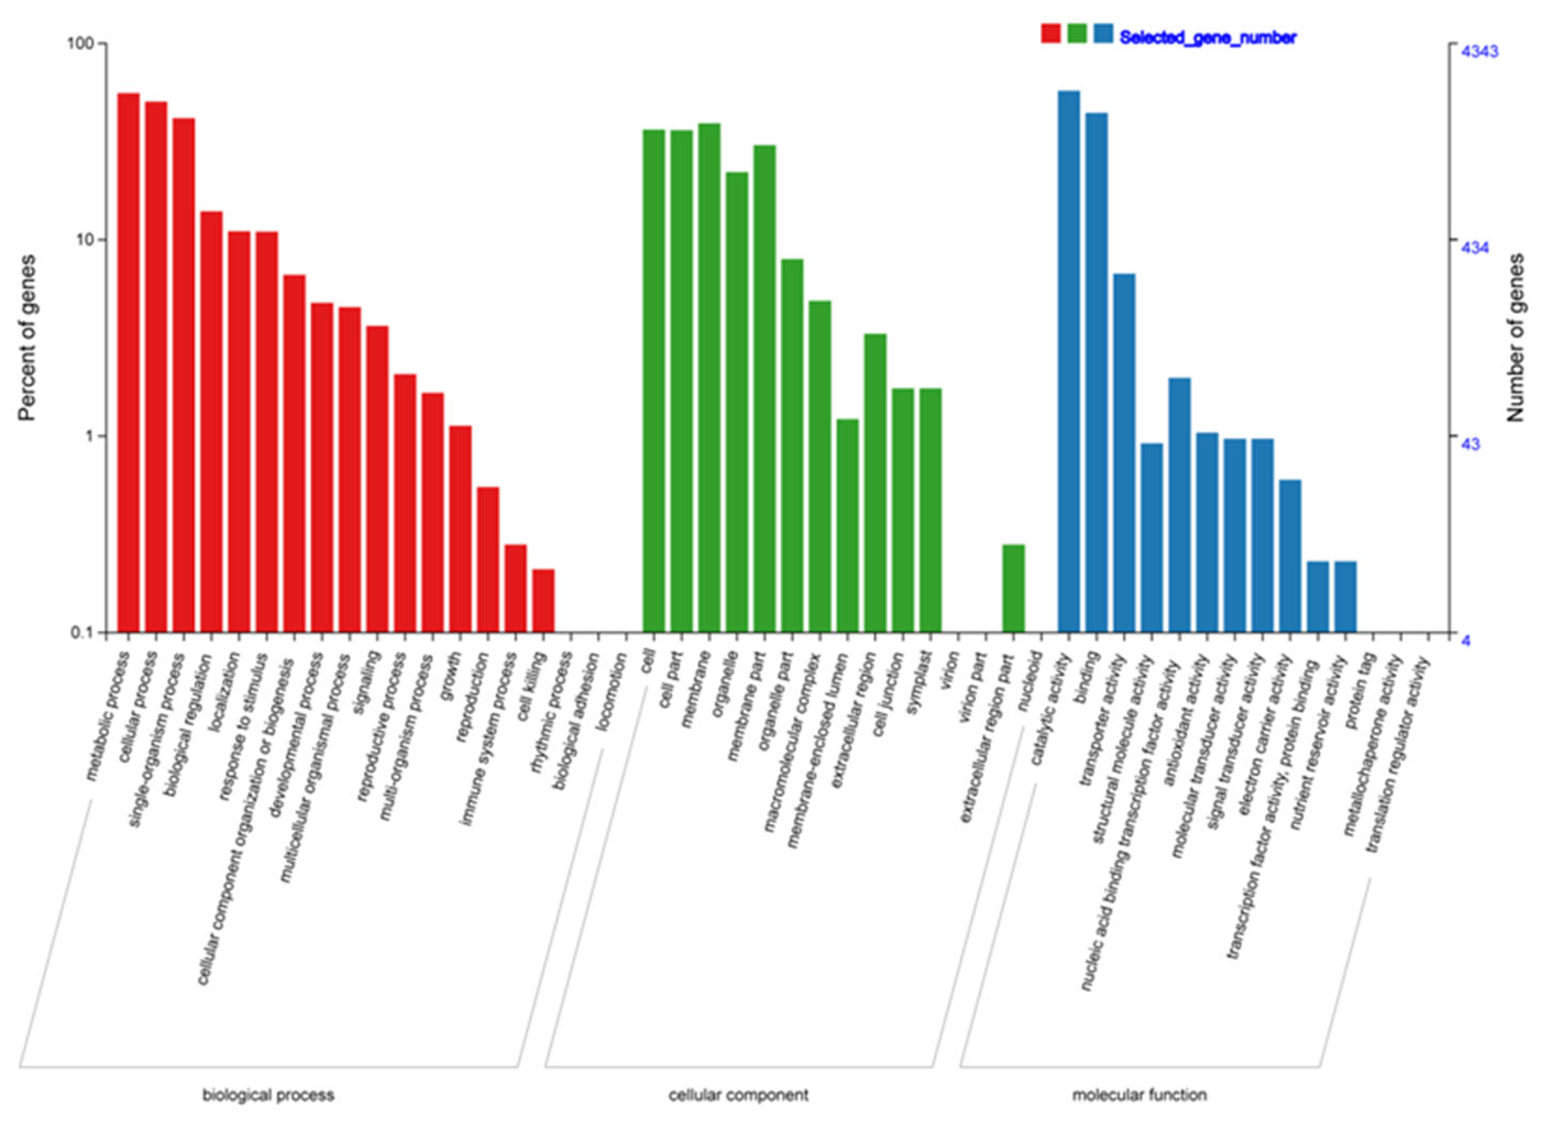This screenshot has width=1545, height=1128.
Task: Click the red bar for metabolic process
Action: click(128, 362)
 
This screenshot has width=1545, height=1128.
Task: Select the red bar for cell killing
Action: click(543, 600)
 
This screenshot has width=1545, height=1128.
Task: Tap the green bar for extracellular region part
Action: click(1013, 588)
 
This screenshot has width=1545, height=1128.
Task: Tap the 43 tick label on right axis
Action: click(1469, 444)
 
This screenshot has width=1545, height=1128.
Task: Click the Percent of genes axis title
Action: click(27, 338)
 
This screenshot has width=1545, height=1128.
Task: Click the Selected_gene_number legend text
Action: click(1207, 38)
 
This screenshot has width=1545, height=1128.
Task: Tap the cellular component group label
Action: click(739, 1096)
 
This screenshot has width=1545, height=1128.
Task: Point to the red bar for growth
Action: click(460, 529)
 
